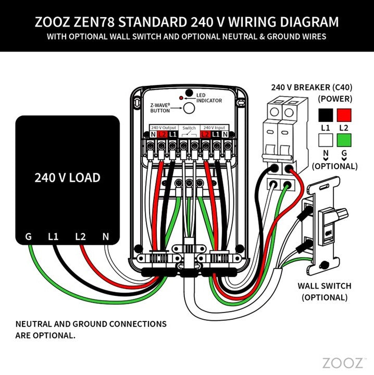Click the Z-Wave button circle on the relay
pos(189,108)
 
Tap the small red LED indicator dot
pos(181,98)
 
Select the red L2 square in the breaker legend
pos(344,114)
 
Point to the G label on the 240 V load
pos(28,236)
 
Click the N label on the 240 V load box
pos(105,236)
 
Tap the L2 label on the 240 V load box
pos(80,236)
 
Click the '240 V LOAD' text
pos(67,178)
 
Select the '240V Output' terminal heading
pos(163,127)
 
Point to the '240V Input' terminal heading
pos(214,127)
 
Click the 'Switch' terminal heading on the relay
pos(189,127)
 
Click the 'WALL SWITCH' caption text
pos(323,286)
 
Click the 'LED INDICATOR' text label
pos(209,97)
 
